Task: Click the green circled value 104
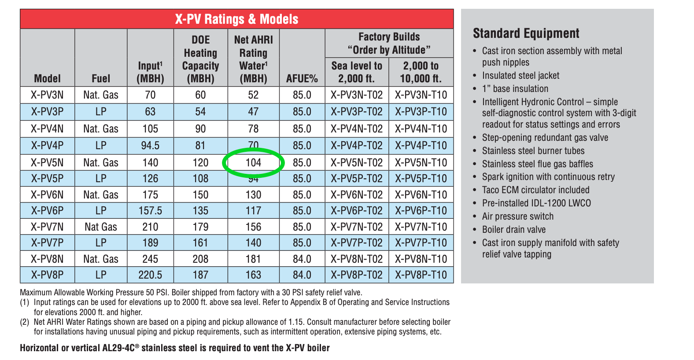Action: pos(253,163)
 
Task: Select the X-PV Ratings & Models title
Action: pos(236,19)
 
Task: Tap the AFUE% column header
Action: pos(302,79)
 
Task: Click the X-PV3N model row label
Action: pos(47,95)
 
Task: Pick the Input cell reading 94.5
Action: pos(150,146)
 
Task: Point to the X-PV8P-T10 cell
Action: pos(421,275)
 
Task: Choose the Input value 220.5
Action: pos(150,275)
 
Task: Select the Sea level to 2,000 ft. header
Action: pos(357,72)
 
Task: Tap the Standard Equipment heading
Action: pos(526,33)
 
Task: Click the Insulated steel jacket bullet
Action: pos(520,76)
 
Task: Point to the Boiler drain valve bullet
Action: pos(513,230)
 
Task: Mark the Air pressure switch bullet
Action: pos(517,217)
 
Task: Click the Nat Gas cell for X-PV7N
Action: pos(101,227)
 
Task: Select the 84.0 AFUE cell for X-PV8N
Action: pos(302,259)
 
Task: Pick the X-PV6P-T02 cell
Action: pos(357,211)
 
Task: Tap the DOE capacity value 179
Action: pos(200,227)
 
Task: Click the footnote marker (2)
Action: pos(24,322)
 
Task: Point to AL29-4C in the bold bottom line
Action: pos(118,348)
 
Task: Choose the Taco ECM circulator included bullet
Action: pos(535,190)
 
